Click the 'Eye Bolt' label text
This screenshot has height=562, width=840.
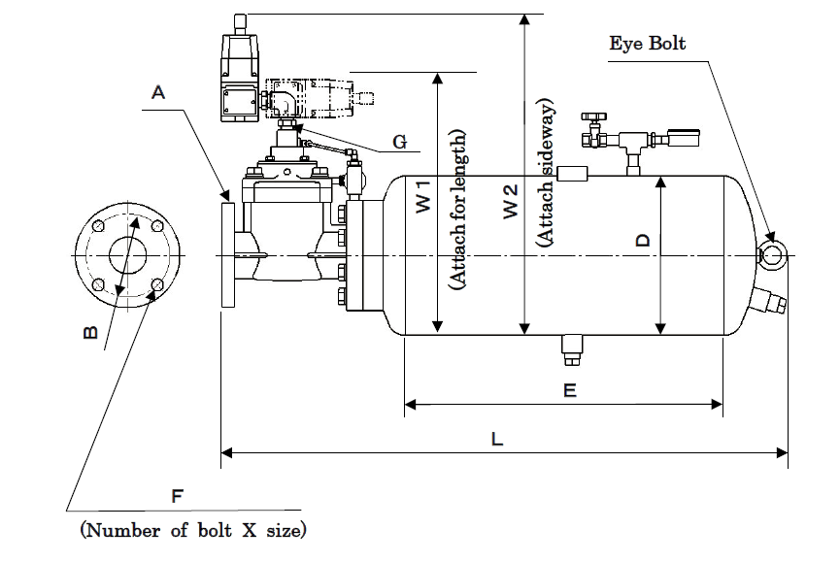647,43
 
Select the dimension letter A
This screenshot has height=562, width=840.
158,92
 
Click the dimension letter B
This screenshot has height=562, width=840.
91,332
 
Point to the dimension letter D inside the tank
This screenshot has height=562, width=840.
643,240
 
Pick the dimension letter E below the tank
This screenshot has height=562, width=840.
570,390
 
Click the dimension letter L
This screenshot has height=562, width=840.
497,440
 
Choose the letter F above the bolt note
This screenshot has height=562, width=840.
178,496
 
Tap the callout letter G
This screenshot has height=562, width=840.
400,142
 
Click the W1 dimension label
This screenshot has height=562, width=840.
423,196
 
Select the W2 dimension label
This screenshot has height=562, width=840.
511,201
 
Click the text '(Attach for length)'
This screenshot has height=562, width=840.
457,210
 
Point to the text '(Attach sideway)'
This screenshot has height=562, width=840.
546,173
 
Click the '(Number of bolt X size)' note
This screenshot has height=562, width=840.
193,530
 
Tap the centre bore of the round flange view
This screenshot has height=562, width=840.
127,255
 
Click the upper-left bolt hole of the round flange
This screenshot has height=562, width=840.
98,226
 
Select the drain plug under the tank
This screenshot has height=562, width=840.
572,349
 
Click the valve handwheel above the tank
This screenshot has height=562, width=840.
593,116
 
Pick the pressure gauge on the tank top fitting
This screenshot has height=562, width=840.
684,139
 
